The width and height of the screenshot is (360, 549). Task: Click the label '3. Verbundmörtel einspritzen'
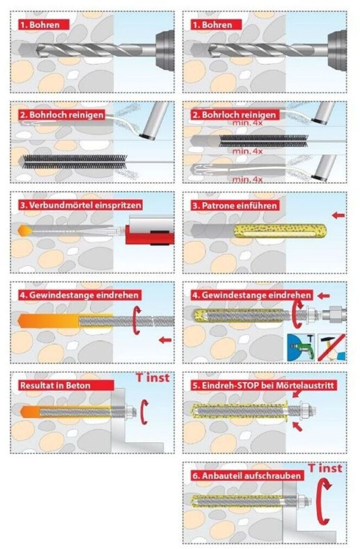coord(81,205)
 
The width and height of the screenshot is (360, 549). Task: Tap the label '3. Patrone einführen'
coord(235,205)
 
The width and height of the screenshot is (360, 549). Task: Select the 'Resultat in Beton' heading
coord(66,385)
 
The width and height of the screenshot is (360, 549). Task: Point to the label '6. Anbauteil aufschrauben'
coord(247,476)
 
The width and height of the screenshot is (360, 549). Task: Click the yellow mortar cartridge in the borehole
coord(280,231)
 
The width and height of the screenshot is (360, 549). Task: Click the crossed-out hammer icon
coord(332,347)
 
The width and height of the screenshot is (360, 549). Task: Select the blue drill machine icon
coord(301,347)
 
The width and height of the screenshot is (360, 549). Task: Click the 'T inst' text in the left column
coord(152,377)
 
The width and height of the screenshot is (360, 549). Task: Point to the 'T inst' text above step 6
coord(325,468)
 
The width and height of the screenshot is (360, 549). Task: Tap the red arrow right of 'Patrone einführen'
coord(338,215)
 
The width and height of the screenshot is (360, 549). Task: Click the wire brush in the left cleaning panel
coord(74,162)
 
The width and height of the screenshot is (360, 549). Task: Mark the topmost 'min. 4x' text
coord(248,123)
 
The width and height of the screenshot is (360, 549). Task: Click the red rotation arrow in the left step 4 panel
coord(137,320)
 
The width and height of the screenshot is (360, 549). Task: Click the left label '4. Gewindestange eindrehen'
coord(79,295)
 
